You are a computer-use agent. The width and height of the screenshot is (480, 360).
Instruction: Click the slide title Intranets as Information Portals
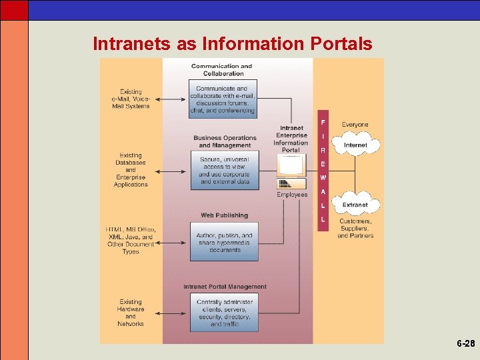pyautogui.click(x=232, y=44)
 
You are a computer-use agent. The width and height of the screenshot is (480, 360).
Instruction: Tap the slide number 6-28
pyautogui.click(x=465, y=344)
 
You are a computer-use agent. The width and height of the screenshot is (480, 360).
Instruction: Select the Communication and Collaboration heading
pyautogui.click(x=221, y=70)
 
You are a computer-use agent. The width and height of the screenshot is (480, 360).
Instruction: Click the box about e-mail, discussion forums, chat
pyautogui.click(x=222, y=99)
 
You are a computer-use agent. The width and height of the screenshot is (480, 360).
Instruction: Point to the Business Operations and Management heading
pyautogui.click(x=225, y=141)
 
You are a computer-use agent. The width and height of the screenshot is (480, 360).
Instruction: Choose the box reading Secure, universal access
pyautogui.click(x=225, y=171)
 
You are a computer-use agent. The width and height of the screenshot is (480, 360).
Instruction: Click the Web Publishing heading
pyautogui.click(x=224, y=215)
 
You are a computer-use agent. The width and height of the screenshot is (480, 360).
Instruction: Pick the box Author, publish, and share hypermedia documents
pyautogui.click(x=224, y=243)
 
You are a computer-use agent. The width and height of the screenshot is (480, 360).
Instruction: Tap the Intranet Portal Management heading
pyautogui.click(x=225, y=287)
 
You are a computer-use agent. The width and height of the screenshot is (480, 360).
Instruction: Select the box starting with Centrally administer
pyautogui.click(x=224, y=313)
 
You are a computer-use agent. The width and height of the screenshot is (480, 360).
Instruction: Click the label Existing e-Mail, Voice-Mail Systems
pyautogui.click(x=131, y=99)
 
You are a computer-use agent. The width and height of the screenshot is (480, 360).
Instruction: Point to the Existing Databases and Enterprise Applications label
pyautogui.click(x=131, y=170)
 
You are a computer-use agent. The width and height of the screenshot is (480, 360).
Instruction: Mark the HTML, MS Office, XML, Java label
pyautogui.click(x=130, y=241)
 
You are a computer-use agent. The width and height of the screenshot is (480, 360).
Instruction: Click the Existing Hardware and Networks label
pyautogui.click(x=131, y=313)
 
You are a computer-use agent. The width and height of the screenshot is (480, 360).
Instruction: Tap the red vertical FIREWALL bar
pyautogui.click(x=323, y=173)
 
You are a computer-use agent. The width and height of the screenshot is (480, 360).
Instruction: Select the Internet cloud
pyautogui.click(x=355, y=145)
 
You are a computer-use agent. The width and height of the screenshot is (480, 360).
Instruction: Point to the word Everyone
pyautogui.click(x=355, y=125)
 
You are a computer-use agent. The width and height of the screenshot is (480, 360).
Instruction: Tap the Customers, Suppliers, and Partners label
pyautogui.click(x=355, y=228)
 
